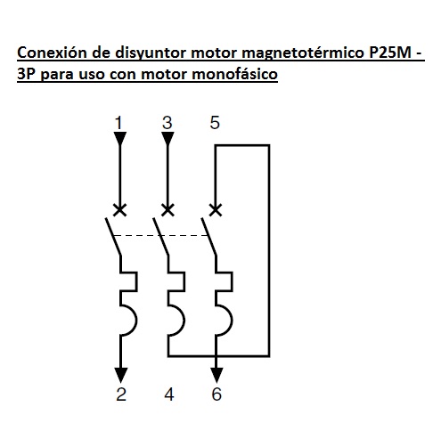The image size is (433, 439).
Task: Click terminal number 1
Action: (118, 123)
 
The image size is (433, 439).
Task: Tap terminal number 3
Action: (167, 123)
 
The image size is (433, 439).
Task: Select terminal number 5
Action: (215, 123)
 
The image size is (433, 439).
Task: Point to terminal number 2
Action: (121, 394)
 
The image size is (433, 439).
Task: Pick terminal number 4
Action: (169, 394)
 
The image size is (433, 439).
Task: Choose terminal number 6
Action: (216, 394)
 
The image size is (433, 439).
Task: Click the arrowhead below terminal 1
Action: (120, 139)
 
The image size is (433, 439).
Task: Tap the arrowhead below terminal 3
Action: (167, 139)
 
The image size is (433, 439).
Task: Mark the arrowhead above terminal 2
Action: (120, 375)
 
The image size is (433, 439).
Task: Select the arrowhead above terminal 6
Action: (216, 375)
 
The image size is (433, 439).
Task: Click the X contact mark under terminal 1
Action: (120, 210)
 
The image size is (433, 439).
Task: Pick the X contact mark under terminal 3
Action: (167, 210)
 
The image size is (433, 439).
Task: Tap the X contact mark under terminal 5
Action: (216, 210)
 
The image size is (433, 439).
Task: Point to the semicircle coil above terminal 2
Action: (136, 321)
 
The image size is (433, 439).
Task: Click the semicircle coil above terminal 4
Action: (184, 321)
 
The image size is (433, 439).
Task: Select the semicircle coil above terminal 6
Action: (232, 321)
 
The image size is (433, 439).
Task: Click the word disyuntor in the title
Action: (151, 53)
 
